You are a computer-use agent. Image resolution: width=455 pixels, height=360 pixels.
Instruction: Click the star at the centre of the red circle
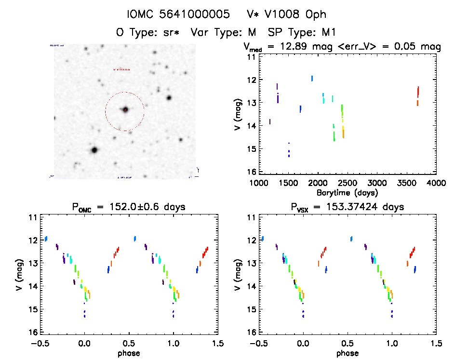[x=125, y=109]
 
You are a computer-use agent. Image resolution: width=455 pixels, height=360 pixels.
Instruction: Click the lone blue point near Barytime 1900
[x=312, y=78]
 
